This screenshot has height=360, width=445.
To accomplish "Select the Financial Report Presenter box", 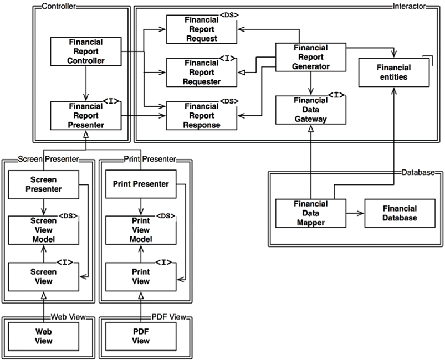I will coord(85,115).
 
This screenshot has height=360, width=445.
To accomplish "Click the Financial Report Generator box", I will coord(310,57).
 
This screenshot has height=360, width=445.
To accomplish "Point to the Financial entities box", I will coord(392,72).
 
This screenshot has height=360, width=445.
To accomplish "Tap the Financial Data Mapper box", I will coord(310,213).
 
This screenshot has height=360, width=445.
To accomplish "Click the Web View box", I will coord(43,336).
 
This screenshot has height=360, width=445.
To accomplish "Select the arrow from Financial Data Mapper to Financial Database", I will coord(354,213).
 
